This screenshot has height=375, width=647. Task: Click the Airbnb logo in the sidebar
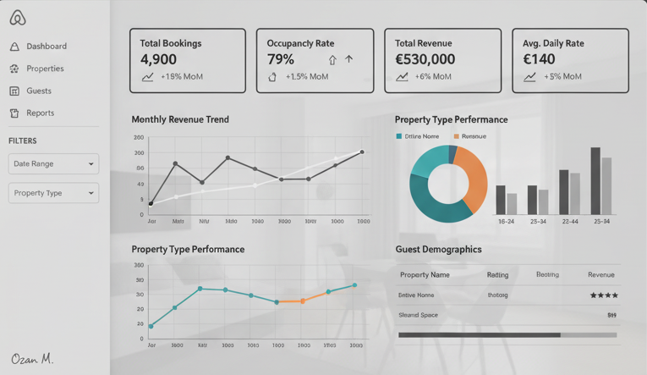pyautogui.click(x=18, y=18)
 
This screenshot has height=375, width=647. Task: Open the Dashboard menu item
pyautogui.click(x=46, y=47)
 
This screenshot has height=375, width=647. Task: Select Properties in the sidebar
pyautogui.click(x=45, y=69)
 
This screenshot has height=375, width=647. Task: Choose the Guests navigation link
pyautogui.click(x=38, y=91)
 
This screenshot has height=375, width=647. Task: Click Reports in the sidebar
pyautogui.click(x=40, y=113)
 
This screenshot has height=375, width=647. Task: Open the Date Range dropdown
pyautogui.click(x=53, y=164)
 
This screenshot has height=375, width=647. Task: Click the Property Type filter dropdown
pyautogui.click(x=53, y=193)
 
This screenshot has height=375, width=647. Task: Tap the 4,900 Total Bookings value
pyautogui.click(x=158, y=59)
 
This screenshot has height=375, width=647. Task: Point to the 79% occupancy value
pyautogui.click(x=281, y=59)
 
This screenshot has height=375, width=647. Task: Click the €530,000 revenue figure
pyautogui.click(x=425, y=59)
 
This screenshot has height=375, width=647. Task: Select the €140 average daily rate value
pyautogui.click(x=539, y=59)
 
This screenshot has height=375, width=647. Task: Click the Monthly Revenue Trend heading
pyautogui.click(x=180, y=119)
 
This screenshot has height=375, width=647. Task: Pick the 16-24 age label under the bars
pyautogui.click(x=506, y=222)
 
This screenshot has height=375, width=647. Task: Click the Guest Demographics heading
pyautogui.click(x=438, y=250)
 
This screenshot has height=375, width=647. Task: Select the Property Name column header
pyautogui.click(x=425, y=275)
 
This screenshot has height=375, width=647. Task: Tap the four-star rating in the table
pyautogui.click(x=603, y=295)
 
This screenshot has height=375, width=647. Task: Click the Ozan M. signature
pyautogui.click(x=32, y=359)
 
